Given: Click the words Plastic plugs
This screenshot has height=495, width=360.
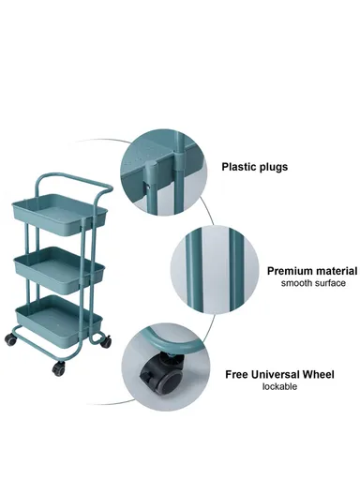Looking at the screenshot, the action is tap(254, 167).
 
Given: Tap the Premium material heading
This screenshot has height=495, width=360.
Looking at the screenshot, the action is tap(312, 271).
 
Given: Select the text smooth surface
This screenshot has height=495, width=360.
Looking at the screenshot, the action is tap(313, 283).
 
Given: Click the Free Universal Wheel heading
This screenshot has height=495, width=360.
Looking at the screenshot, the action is tap(279, 374).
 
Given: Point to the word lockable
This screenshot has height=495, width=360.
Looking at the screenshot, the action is tap(279, 386).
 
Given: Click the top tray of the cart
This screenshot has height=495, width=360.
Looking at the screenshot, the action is tap(60, 215).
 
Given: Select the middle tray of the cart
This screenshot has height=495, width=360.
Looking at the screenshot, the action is tap(59, 270).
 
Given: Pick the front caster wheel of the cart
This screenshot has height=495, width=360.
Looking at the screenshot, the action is tap(58, 368).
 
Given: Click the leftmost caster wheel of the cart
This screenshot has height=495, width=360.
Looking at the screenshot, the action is tap(10, 339).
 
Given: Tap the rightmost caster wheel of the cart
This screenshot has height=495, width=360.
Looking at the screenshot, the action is tap(106, 342).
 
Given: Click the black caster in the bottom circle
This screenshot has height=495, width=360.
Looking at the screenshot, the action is tap(162, 374).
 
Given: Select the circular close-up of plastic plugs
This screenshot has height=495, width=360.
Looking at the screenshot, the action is tap(163, 172).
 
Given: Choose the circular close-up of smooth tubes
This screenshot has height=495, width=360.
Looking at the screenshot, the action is tap(215, 270).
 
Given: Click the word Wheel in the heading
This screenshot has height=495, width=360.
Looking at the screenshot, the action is tap(318, 374).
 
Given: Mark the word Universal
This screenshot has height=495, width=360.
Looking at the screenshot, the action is tap(276, 374).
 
